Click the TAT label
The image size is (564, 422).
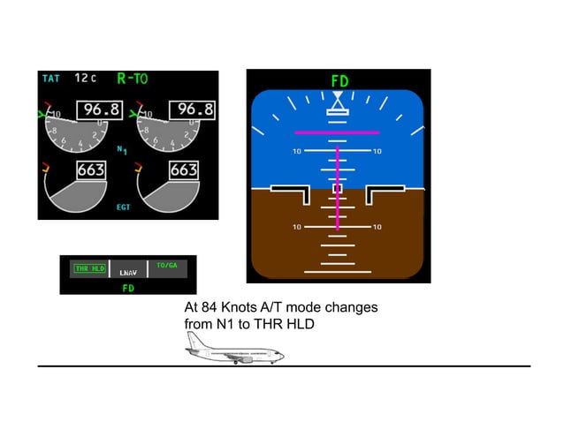click(x=50, y=79)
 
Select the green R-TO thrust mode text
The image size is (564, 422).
click(x=133, y=78)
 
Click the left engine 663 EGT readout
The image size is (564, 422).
click(x=90, y=170)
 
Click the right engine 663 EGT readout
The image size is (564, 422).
click(x=183, y=170)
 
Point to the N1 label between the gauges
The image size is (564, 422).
click(x=122, y=150)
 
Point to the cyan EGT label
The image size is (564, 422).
click(x=122, y=208)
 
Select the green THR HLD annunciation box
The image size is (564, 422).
click(x=89, y=268)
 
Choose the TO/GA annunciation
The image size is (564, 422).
click(x=166, y=265)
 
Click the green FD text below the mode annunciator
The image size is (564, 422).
click(x=128, y=287)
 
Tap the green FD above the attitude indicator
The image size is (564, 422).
click(x=339, y=81)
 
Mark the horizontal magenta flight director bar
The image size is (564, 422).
click(x=337, y=132)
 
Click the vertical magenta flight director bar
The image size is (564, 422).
click(x=337, y=185)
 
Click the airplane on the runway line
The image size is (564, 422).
click(x=234, y=354)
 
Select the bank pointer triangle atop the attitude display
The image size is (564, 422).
click(x=337, y=110)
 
